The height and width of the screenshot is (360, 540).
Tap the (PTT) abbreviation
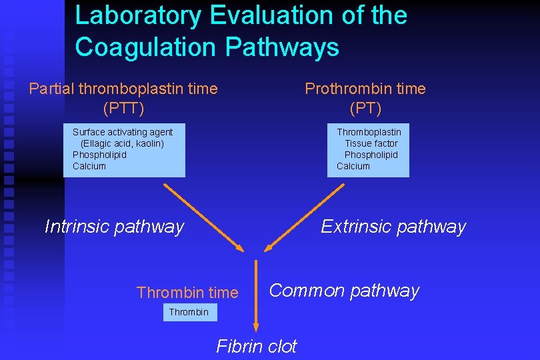[x=123, y=107]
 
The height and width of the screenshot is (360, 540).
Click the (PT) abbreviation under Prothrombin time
[x=365, y=107]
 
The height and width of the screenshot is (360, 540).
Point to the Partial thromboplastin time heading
[x=123, y=89]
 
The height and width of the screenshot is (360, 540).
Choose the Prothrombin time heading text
[x=365, y=89]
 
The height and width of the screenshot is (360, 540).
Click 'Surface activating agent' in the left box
[x=123, y=132]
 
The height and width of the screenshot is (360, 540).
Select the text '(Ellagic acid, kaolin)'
[x=122, y=143]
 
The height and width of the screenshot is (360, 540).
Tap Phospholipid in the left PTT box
[x=99, y=155]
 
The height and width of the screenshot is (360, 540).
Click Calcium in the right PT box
[x=353, y=166]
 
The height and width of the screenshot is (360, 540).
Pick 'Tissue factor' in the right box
[x=371, y=143]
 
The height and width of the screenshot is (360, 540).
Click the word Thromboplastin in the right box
[x=369, y=132]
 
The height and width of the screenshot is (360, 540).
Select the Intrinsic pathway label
[x=114, y=227]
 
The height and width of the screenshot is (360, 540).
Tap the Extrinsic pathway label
[x=393, y=227]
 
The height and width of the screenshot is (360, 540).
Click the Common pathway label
[x=344, y=291]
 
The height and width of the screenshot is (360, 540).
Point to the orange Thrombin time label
[x=187, y=293]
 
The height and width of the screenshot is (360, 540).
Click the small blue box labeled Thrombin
[x=189, y=312]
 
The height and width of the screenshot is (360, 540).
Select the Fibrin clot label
[x=257, y=346]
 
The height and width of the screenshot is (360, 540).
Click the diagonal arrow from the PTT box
[x=204, y=217]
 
